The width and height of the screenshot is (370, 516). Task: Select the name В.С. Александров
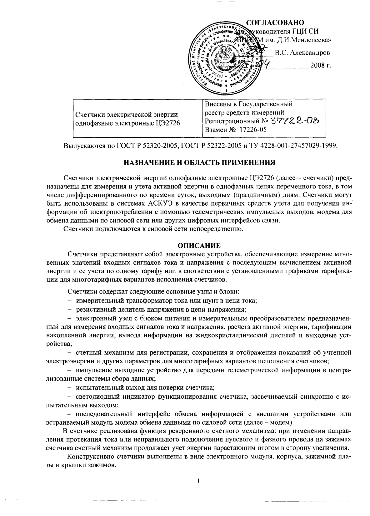pos(302,53)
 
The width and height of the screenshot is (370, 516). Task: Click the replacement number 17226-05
pos(253,130)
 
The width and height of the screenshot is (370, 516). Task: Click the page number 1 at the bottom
pos(199,480)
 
